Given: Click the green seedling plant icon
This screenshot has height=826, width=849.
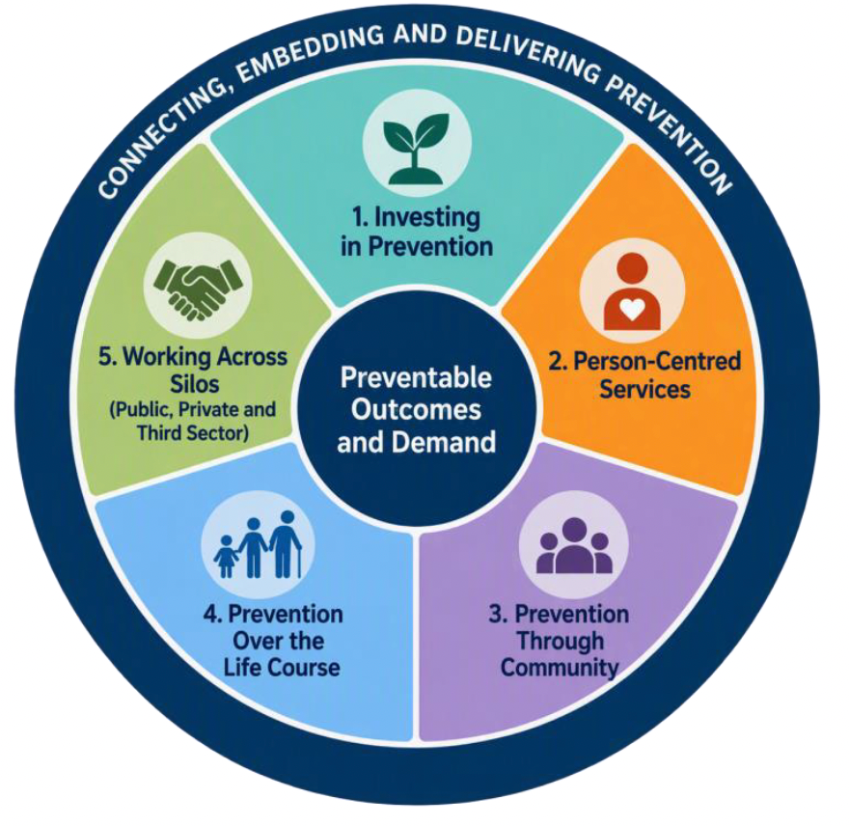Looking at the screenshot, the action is pyautogui.click(x=416, y=147).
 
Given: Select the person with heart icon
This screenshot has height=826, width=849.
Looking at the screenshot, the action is pyautogui.click(x=632, y=291).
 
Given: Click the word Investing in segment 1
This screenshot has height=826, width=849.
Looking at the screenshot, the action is pyautogui.click(x=426, y=217).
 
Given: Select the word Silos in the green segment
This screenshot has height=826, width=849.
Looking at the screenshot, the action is pyautogui.click(x=194, y=383).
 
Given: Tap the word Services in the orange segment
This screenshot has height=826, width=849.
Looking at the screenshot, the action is pyautogui.click(x=644, y=389).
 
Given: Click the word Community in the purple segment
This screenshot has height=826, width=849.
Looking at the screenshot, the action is pyautogui.click(x=560, y=667).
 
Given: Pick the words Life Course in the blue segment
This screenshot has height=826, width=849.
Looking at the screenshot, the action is pyautogui.click(x=282, y=667).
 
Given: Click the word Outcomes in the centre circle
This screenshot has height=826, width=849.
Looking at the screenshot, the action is pyautogui.click(x=416, y=409).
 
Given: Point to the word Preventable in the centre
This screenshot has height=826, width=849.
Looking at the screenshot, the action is pyautogui.click(x=416, y=377).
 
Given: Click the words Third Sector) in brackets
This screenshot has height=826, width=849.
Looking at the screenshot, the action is pyautogui.click(x=193, y=433).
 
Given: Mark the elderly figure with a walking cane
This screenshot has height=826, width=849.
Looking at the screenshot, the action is pyautogui.click(x=286, y=544).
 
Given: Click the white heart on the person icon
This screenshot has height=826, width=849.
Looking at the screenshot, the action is pyautogui.click(x=632, y=309).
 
